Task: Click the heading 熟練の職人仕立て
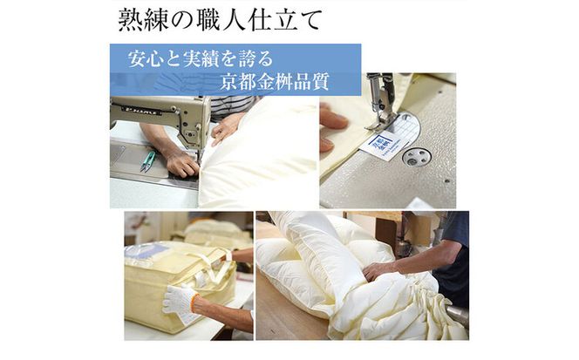point(220,20)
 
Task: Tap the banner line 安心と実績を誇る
point(201,58)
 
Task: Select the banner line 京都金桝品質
point(274,81)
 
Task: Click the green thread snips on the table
point(148,161)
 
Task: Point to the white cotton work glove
point(180,300)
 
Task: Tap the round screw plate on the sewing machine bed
point(417,157)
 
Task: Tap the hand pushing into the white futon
point(377,270)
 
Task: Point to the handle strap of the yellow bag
point(217,263)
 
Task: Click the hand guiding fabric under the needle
point(181,163)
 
